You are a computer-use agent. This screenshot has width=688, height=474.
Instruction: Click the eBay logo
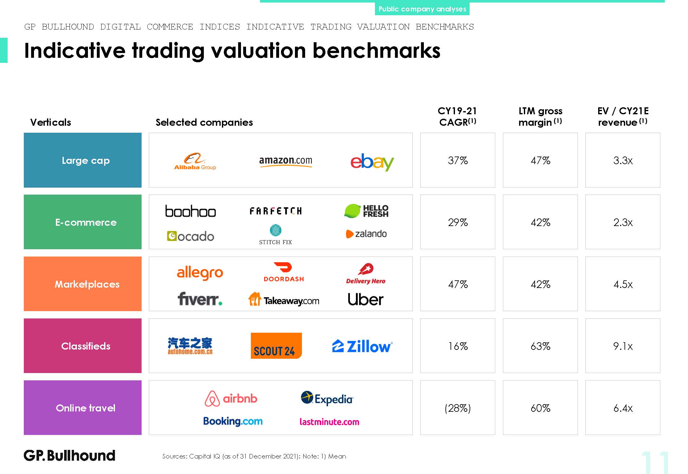click(372, 162)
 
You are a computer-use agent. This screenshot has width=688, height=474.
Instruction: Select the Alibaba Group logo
click(195, 161)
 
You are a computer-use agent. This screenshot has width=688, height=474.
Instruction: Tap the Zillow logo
click(362, 346)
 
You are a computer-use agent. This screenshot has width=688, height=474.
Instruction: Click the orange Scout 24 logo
click(276, 346)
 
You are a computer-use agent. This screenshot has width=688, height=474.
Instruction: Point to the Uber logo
click(365, 299)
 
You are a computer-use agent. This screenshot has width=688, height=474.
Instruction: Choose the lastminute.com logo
click(329, 422)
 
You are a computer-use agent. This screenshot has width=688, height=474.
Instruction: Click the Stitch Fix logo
click(275, 235)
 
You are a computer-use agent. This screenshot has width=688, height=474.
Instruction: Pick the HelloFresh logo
click(366, 211)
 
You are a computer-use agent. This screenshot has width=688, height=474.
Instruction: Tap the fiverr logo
click(200, 299)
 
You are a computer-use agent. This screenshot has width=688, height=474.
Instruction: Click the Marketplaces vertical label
click(87, 284)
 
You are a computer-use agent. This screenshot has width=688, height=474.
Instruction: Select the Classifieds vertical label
click(86, 346)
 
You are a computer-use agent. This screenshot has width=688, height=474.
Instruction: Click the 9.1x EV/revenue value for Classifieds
click(623, 346)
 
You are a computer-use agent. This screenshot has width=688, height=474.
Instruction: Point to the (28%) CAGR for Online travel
click(458, 408)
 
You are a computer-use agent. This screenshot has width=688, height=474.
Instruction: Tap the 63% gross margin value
click(540, 346)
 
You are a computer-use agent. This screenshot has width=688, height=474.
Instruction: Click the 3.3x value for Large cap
click(623, 160)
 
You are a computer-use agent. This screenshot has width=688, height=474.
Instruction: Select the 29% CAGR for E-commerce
click(458, 222)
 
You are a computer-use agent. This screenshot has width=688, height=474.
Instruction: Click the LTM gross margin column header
click(540, 117)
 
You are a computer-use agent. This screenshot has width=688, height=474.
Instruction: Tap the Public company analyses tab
click(422, 9)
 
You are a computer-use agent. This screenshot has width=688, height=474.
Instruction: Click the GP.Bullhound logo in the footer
click(70, 456)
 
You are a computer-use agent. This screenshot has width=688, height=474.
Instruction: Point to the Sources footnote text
click(254, 456)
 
